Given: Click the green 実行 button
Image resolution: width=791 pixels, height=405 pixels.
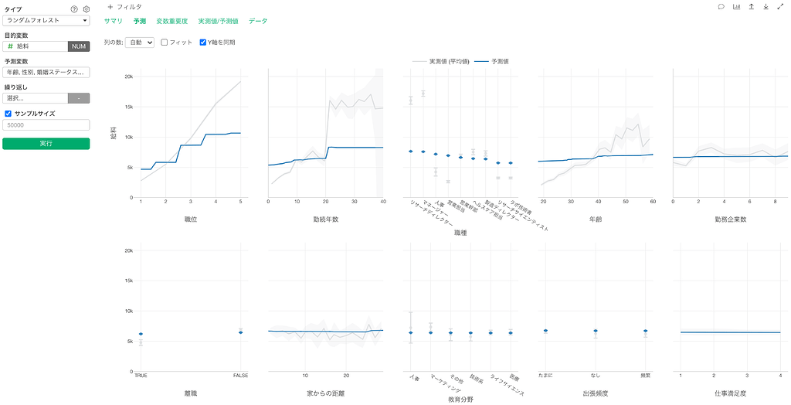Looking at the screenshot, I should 46,144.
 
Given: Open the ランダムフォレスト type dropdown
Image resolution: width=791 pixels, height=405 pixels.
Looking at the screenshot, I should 46,20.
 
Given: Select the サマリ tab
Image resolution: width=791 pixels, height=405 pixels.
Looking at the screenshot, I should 114,21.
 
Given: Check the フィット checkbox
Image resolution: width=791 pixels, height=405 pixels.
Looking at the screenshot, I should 165,43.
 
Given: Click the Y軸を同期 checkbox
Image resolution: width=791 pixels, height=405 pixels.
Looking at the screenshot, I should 203,43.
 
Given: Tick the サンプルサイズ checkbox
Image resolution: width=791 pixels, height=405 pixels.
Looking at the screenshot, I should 8,114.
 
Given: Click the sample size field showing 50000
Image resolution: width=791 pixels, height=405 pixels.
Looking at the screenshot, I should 46,124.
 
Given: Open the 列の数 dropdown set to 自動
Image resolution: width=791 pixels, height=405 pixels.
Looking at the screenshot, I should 143,43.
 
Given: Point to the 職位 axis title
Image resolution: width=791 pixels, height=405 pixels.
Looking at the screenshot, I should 190,220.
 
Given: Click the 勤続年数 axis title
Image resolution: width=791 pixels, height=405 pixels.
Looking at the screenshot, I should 325,220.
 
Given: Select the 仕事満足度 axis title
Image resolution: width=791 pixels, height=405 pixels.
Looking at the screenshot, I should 731,393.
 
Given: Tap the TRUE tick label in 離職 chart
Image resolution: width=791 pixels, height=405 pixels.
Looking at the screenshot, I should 141,376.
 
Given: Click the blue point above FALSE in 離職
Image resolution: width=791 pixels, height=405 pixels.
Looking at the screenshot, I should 241,332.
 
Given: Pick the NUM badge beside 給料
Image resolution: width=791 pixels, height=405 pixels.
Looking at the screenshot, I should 79,46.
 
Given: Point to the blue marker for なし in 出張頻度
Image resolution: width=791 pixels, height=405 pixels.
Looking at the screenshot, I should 596,332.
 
